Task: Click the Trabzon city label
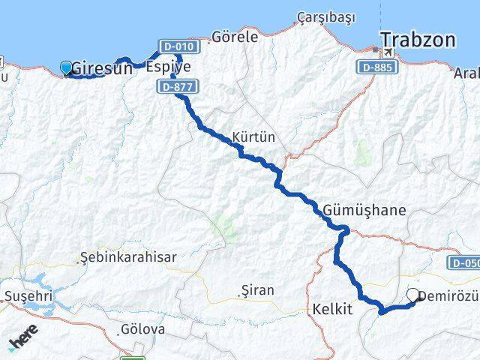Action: click(417, 40)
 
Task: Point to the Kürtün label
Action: click(254, 137)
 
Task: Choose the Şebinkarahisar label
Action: click(130, 256)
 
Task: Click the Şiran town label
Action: click(257, 289)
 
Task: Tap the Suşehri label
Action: click(28, 295)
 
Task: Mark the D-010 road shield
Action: click(178, 46)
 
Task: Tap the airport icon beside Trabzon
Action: click(387, 53)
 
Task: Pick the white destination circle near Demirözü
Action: click(413, 295)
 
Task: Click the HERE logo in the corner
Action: click(23, 341)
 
